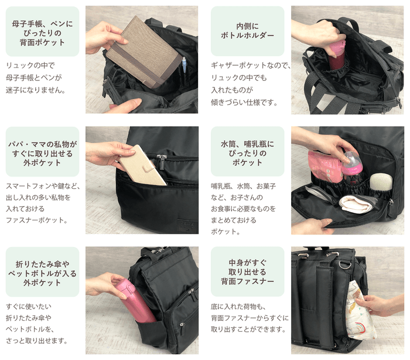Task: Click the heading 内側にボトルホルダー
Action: click(247, 31)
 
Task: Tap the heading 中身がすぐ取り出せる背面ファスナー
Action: click(247, 271)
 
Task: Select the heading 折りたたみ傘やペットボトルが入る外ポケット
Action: click(42, 271)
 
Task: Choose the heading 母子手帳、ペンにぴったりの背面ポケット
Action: click(42, 33)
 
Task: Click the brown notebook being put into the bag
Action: click(142, 52)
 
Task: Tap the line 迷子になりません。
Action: click(35, 90)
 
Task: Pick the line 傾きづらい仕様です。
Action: click(244, 102)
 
